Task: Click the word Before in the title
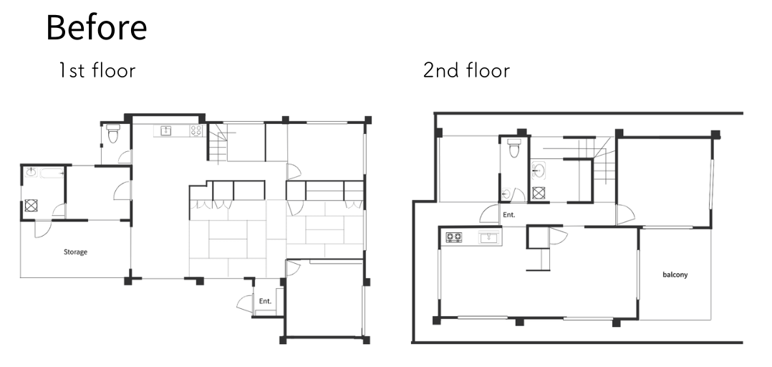(x=97, y=27)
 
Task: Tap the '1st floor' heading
(x=97, y=70)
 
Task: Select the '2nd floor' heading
(x=466, y=70)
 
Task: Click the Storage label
(x=75, y=252)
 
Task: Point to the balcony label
(x=675, y=275)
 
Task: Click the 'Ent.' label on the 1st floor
(x=265, y=301)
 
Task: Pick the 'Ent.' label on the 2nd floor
(x=508, y=215)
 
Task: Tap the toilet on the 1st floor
(x=113, y=133)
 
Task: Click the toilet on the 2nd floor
(x=514, y=148)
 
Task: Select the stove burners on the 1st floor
(x=196, y=130)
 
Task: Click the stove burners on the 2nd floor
(x=454, y=237)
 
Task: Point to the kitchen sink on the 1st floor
(x=167, y=130)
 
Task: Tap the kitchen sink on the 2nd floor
(x=489, y=238)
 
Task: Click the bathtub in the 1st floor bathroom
(x=52, y=173)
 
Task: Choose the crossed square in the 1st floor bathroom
(x=31, y=206)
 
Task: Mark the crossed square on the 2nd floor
(x=539, y=193)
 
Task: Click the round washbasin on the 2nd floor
(x=539, y=171)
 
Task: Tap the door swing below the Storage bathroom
(x=42, y=229)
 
